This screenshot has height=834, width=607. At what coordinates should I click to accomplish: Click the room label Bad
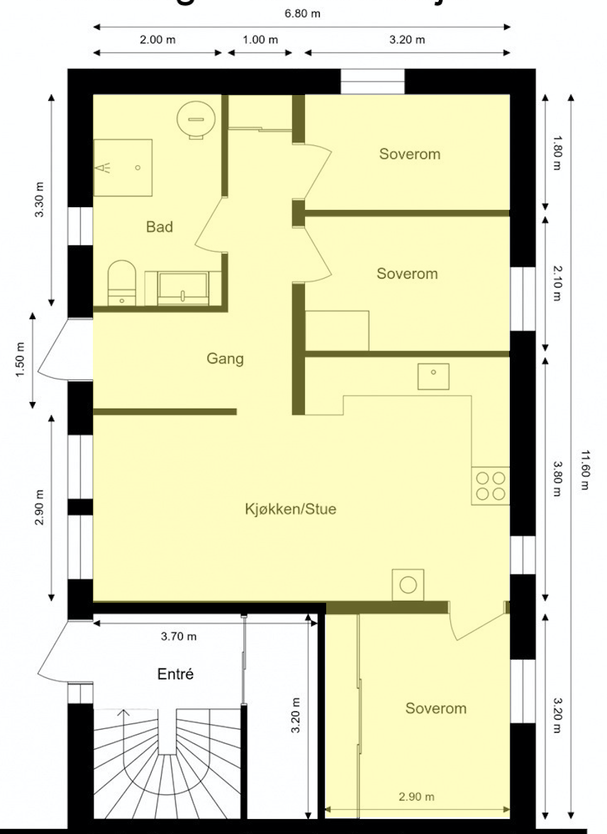160,227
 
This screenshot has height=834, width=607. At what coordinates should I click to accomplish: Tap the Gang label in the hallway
225,359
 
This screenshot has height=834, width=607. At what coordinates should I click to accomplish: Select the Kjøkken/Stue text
291,509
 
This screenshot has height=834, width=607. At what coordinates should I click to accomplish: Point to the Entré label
175,674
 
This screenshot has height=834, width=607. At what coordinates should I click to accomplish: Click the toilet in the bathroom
122,282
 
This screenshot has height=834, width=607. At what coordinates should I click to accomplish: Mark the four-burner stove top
491,486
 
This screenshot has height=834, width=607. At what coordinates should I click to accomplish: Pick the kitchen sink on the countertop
433,376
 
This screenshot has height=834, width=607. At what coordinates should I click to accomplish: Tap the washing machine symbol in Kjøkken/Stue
408,584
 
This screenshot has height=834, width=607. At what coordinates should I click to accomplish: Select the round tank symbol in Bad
191,114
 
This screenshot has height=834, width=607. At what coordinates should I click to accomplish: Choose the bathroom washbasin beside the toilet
183,288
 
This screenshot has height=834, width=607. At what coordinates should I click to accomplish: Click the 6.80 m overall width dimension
302,13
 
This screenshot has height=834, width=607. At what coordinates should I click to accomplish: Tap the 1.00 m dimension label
260,40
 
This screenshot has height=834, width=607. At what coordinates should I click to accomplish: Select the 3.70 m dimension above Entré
179,636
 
